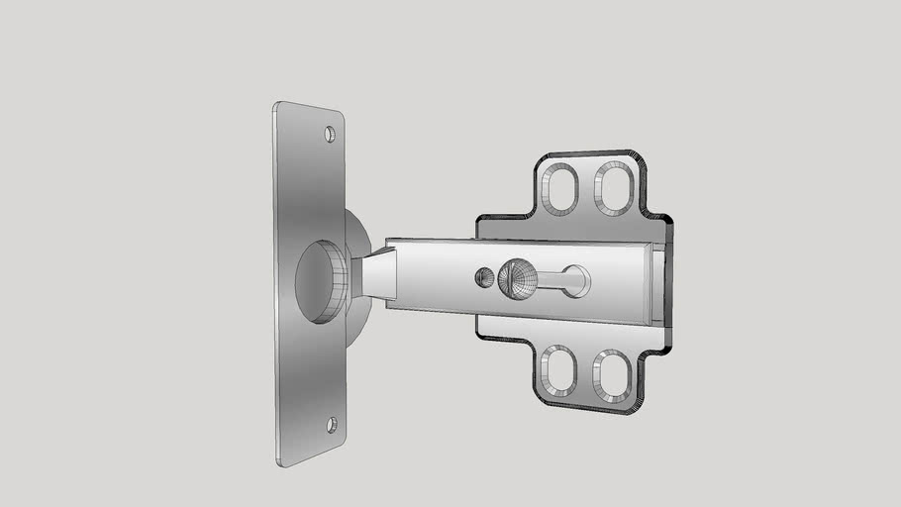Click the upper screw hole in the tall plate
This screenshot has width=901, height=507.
click(x=331, y=133)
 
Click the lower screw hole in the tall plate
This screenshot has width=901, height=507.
click(x=332, y=425)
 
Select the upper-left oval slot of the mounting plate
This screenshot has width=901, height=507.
click(x=560, y=188)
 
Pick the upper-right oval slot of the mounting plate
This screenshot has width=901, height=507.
click(x=613, y=186)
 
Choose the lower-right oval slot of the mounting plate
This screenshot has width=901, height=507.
click(x=611, y=375)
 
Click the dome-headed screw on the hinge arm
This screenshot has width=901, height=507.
click(x=517, y=278)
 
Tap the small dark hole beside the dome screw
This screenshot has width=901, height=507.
click(x=484, y=277)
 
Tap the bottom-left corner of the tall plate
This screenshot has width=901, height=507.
click(x=281, y=461)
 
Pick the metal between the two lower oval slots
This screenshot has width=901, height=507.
click(x=584, y=374)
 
